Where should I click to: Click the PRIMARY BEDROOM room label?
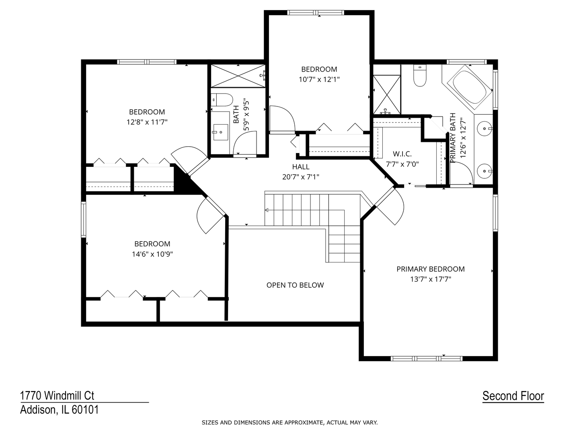click(430, 269)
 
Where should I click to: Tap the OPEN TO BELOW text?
click(295, 285)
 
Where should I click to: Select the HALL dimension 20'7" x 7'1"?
click(301, 176)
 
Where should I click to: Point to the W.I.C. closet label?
click(402, 154)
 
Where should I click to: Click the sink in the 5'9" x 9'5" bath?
click(220, 132)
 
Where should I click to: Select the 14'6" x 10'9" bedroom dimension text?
click(152, 254)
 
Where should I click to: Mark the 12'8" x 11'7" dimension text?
click(147, 122)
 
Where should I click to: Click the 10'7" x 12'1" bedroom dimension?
click(319, 79)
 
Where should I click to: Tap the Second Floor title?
click(513, 396)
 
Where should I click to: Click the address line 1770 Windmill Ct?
click(57, 395)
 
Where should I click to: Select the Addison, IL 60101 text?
click(60, 410)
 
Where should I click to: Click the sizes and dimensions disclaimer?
click(289, 422)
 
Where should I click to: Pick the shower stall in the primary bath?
click(387, 94)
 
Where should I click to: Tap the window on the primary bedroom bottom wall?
click(427, 358)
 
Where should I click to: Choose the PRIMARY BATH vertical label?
click(453, 138)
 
